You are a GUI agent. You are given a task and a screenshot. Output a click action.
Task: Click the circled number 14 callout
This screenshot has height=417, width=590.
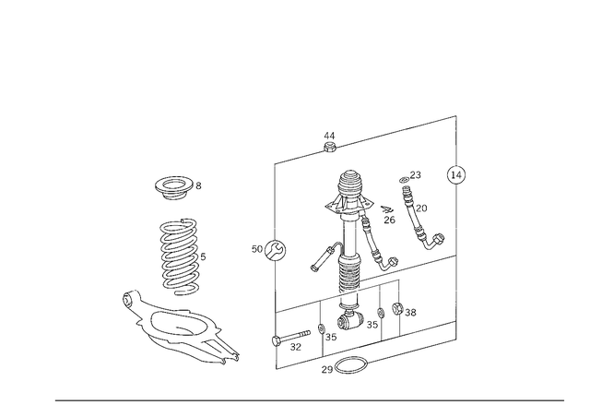pos(456,174)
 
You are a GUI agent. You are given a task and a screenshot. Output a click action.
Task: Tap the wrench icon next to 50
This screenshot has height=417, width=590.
pos(275,251)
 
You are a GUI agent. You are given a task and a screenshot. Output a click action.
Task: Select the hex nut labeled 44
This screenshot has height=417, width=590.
pos(330,147)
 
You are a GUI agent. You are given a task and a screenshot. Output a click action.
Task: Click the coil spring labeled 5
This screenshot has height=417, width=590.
pos(180,256)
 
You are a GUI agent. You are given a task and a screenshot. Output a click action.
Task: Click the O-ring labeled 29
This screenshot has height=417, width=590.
pos(350,365)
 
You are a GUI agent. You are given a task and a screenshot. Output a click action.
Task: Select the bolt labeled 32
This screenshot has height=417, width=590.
pos(291,337)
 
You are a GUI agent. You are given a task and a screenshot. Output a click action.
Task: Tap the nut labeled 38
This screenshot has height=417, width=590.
pos(397,309)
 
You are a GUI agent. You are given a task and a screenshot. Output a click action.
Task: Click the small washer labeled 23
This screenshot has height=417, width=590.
pos(405,180)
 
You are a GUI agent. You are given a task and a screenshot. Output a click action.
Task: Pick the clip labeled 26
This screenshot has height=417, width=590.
pos(387,209)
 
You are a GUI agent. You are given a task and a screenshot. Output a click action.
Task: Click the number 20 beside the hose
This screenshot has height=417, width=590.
pos(421,208)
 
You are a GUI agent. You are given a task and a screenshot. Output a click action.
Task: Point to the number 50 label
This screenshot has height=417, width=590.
pos(257,249)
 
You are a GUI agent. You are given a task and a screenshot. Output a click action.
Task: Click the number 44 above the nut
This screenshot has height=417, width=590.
pos(329,136)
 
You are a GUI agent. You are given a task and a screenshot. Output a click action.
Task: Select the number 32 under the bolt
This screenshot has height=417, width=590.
pos(296,347)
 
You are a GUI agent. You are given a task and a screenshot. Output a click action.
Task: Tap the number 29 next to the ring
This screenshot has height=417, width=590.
pos(327,370)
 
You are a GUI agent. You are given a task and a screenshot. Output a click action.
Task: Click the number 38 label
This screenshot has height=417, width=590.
pos(410,312)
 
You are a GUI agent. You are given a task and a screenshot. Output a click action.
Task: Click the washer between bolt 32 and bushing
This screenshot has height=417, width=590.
pos(322,328)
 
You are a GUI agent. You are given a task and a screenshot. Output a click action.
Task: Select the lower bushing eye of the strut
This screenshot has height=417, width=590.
pos(349,322)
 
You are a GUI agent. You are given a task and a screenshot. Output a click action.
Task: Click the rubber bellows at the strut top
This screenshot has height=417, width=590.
pos(350,185)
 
